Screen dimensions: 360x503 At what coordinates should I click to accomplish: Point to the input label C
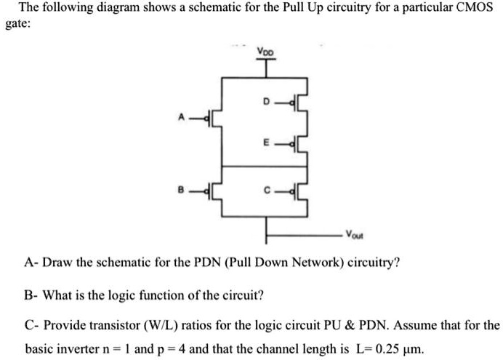[x=270, y=193]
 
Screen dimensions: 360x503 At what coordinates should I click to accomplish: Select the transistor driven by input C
[x=300, y=194]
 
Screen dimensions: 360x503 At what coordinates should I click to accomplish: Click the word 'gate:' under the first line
[x=18, y=23]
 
